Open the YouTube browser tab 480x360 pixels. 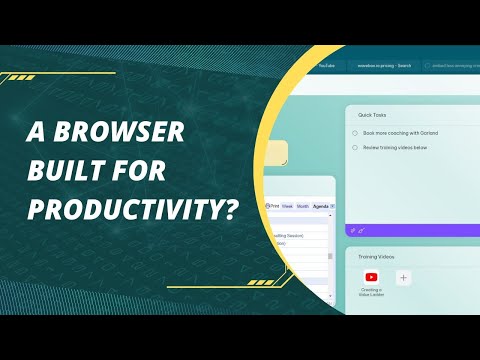click(327, 66)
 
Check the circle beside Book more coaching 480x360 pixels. click(355, 132)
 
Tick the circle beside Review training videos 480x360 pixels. click(355, 146)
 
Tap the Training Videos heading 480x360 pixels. click(377, 257)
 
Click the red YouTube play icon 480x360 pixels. click(372, 277)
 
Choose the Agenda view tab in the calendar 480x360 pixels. click(321, 206)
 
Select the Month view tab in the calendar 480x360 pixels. click(303, 206)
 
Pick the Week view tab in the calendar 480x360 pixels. click(288, 206)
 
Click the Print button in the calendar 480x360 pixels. click(273, 206)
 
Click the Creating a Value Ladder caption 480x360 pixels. click(372, 293)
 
